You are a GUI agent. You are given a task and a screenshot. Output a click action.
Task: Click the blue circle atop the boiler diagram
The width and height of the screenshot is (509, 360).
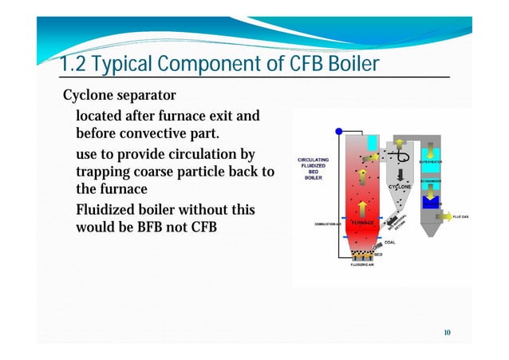click(x=338, y=132)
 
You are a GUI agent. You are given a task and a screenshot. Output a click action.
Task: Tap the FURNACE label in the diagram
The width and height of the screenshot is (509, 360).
click(x=363, y=221)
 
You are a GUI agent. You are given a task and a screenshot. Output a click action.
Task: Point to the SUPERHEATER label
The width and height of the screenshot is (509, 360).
click(x=431, y=162)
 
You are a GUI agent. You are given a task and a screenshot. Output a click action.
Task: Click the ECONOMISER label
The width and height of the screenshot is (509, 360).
click(x=431, y=181)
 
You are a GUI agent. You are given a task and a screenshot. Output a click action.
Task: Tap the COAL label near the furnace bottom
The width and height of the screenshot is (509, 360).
click(x=390, y=242)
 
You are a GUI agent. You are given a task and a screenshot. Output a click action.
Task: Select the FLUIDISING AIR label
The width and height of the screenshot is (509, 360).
click(x=365, y=265)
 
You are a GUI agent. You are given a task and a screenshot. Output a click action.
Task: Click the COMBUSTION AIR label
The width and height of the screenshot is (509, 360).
click(x=327, y=224)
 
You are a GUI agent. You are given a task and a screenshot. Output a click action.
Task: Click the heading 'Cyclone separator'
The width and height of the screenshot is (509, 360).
click(x=119, y=97)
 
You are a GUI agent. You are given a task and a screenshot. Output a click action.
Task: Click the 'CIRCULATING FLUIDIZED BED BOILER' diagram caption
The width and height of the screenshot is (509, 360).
click(x=314, y=168)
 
